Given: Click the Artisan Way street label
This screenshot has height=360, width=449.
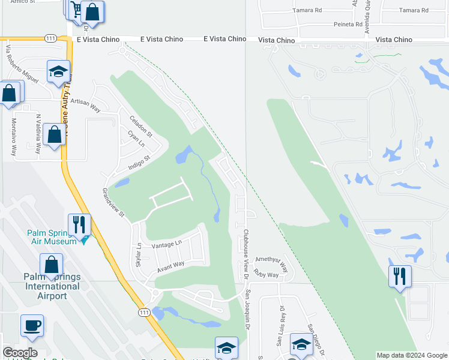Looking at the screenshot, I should tap(85, 102).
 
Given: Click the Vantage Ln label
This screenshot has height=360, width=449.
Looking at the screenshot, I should tap(166, 244).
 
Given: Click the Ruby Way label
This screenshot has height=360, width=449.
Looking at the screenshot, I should tap(266, 275).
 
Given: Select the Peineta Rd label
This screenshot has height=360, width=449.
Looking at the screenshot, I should tap(348, 25).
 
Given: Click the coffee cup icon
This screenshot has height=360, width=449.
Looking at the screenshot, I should tap(32, 325).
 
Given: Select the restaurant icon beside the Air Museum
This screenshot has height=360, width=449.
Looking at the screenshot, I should tap(79, 224).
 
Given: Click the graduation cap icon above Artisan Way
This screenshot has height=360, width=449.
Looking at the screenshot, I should tap(58, 72).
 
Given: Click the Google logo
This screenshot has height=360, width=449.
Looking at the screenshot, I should tap(20, 353).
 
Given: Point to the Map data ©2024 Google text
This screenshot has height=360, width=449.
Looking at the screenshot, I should tap(412, 355).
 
